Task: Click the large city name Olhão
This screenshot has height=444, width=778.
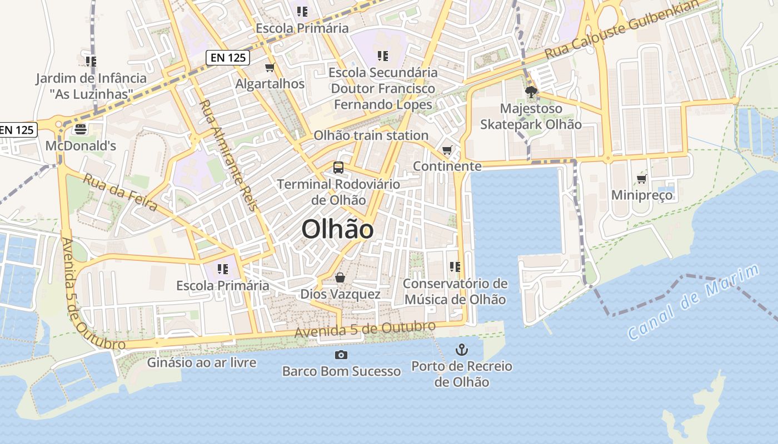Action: coord(337,229)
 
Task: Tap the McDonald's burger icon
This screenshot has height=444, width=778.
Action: coord(81,130)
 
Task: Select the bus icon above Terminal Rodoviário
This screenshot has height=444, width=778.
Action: coord(338,167)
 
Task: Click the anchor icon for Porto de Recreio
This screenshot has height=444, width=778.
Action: coord(461,350)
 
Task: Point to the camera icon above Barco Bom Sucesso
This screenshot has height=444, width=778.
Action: coord(341,355)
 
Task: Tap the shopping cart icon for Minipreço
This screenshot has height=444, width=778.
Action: coord(642,179)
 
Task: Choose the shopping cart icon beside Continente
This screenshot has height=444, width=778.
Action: coord(447,150)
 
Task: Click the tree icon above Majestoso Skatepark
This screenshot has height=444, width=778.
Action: coord(531,92)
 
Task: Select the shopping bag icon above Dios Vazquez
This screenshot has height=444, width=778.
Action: coord(340,277)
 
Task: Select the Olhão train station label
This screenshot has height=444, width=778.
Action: coord(371,135)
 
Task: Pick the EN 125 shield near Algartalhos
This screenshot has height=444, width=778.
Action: coord(228,57)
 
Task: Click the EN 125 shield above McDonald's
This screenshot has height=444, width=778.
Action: coord(17,130)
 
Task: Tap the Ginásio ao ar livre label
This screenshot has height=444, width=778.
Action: coord(202,363)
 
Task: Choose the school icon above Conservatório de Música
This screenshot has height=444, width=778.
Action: coord(455,267)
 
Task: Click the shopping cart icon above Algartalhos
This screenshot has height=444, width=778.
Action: coord(270,68)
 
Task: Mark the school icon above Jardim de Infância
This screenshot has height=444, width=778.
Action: coord(91,61)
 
